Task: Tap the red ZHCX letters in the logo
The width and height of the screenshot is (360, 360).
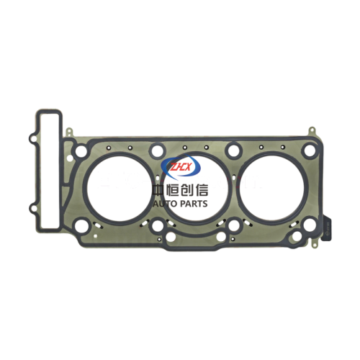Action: pyautogui.click(x=180, y=166)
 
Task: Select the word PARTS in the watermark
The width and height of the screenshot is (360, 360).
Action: pyautogui.click(x=194, y=204)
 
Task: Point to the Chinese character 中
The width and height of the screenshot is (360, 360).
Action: pyautogui.click(x=159, y=191)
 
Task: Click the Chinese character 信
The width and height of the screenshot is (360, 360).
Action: pyautogui.click(x=201, y=191)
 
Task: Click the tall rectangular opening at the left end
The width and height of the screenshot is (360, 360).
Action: pyautogui.click(x=49, y=171)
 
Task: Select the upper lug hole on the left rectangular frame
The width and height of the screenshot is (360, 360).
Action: pyautogui.click(x=33, y=138)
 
